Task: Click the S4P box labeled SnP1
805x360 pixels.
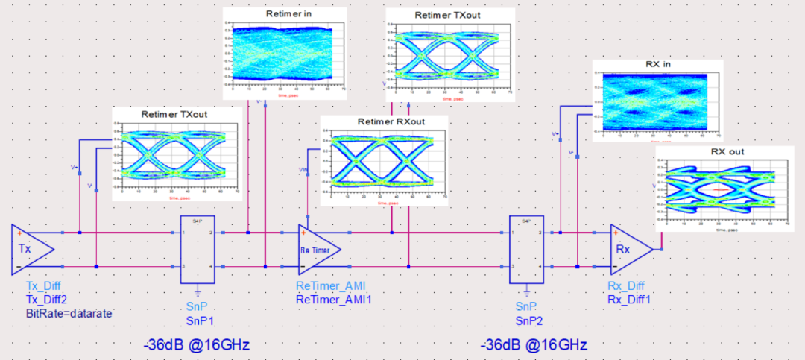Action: click(x=198, y=250)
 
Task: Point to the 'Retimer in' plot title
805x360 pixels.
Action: click(x=285, y=14)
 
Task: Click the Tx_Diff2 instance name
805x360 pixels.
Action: click(x=47, y=299)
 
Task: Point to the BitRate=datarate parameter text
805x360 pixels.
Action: click(x=69, y=313)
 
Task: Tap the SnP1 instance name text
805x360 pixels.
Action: click(x=200, y=320)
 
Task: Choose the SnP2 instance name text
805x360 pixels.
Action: click(x=528, y=320)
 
